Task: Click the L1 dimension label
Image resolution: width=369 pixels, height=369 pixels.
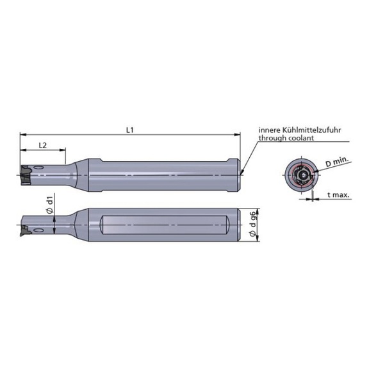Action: click(130, 130)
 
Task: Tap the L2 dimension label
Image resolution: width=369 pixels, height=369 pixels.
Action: click(42, 146)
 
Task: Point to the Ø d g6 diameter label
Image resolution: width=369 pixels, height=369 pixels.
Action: click(252, 224)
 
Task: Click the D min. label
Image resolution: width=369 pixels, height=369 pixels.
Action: click(337, 162)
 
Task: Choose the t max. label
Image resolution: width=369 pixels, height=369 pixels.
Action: click(338, 195)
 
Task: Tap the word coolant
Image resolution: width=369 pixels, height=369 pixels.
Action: click(301, 138)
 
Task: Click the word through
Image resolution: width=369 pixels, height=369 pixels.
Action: click(273, 138)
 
